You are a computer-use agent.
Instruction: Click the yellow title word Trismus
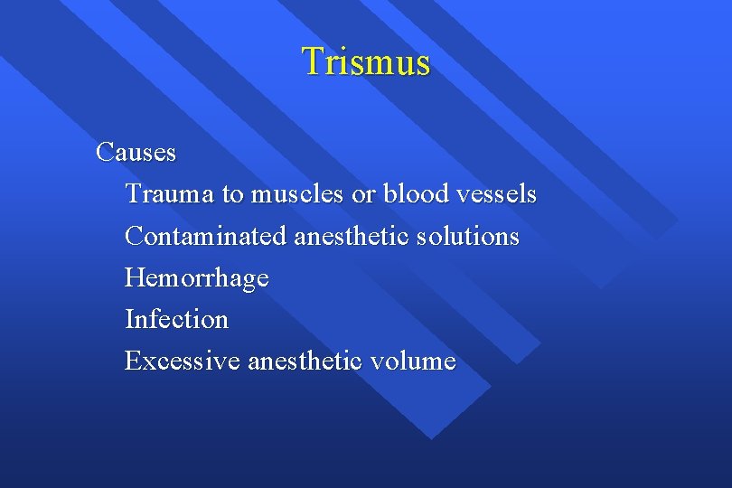coord(366,61)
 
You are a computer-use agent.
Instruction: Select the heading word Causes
coord(136,153)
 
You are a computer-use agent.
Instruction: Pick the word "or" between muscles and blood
coord(361,194)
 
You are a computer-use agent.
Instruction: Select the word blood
coord(412,194)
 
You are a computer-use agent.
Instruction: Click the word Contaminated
coord(206,237)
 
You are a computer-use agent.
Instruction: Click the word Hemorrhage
coord(197,278)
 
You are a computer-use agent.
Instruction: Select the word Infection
coord(177,320)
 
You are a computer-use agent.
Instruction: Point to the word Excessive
coord(183,361)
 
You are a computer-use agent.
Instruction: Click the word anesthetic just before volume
coord(305,361)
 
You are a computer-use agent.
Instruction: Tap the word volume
coord(413,361)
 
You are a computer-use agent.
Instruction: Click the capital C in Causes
coord(104,153)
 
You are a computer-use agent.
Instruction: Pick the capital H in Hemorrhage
coord(134,278)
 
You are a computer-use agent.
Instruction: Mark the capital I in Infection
coord(129,320)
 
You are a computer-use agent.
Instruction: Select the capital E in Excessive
coord(132,361)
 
